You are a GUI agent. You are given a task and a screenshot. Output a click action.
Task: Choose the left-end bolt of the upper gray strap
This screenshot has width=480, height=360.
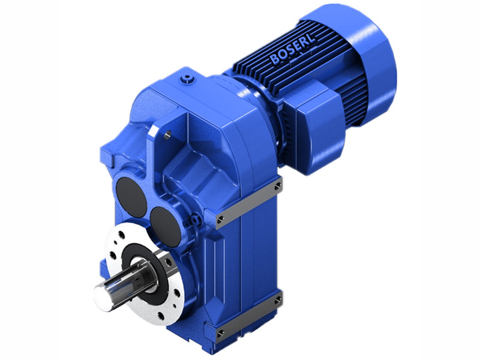(x=221, y=218)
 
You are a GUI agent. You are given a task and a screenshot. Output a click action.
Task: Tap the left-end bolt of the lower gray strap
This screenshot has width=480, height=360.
(x=221, y=332)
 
